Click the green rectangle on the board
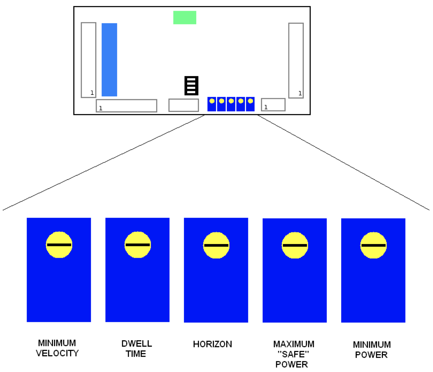coord(185,17)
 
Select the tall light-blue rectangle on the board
coord(109,60)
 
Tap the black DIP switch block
coord(191,86)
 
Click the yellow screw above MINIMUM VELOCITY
coord(59,245)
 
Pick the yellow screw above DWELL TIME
coord(138,245)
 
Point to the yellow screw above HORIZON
coord(216,245)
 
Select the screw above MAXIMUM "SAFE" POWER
coord(295,245)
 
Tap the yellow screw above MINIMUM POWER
coord(373,245)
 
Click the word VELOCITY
coord(57,353)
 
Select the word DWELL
coord(137,343)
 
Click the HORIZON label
coord(212,344)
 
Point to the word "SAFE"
coord(293,354)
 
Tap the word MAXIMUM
coord(294,344)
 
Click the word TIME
coord(136,354)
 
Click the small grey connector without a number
coord(184,105)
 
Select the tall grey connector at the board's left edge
coord(88,60)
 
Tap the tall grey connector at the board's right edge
coord(296,60)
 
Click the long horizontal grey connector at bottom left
coord(126,105)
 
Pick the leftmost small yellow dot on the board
coord(212,101)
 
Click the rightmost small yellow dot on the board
coord(251,101)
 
